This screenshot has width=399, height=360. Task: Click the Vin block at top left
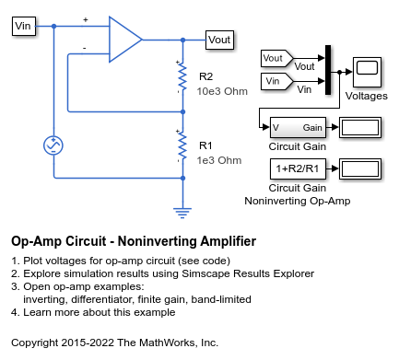click(24, 26)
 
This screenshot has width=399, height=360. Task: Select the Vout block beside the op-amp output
click(219, 40)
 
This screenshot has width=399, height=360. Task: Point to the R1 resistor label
click(205, 145)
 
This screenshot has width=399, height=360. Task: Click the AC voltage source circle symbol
click(54, 145)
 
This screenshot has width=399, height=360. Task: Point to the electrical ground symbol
click(182, 211)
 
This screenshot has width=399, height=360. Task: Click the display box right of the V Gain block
click(360, 127)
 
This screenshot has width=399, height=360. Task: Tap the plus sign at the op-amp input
click(87, 19)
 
